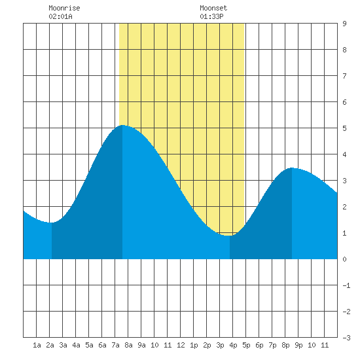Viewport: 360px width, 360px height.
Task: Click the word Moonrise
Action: point(64,8)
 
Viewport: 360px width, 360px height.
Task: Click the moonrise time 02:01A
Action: point(60,16)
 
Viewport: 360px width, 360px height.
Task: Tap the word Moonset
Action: point(213,8)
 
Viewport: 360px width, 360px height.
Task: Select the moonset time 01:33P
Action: point(211,16)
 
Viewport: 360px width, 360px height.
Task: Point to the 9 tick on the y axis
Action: point(344,24)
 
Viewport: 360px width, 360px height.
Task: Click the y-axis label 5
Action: point(344,128)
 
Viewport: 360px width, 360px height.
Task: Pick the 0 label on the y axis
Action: point(344,259)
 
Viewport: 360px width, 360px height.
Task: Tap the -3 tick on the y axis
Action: point(346,338)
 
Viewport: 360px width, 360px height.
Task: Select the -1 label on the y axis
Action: point(346,285)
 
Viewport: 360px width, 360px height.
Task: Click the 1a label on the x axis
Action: point(37,345)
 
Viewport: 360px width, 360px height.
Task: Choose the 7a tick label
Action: point(115,345)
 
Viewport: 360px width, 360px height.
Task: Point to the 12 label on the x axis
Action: point(181,345)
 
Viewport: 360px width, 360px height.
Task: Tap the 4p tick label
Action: point(233,345)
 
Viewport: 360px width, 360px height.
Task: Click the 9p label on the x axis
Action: point(298,345)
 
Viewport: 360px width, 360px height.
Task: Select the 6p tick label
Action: point(259,345)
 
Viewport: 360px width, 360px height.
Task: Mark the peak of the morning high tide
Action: point(122,125)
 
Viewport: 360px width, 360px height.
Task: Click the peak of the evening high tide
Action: point(291,168)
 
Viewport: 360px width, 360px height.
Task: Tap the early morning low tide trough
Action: point(52,223)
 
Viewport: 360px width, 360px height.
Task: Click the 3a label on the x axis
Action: point(63,345)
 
